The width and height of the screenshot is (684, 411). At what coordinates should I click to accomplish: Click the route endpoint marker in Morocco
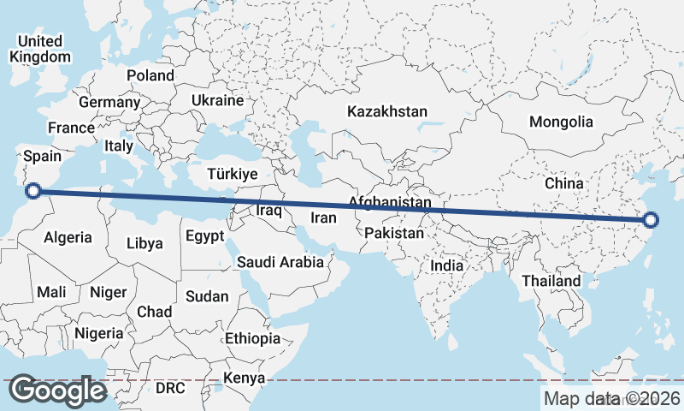33,191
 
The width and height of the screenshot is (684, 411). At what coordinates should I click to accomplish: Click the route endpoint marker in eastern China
650,220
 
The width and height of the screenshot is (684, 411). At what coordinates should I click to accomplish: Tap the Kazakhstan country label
386,111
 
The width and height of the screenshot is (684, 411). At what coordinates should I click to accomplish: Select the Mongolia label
561,122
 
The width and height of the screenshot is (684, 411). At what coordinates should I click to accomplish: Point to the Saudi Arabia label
280,262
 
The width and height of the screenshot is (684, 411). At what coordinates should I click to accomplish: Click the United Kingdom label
40,49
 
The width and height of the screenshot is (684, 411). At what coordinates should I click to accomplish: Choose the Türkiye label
232,174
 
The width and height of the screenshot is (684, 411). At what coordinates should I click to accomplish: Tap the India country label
446,265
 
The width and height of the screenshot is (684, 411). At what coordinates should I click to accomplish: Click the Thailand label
551,281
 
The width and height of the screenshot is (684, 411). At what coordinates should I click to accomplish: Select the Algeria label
68,236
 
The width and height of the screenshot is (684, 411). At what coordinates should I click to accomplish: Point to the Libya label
144,243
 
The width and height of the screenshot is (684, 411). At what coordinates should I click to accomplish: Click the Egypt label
204,235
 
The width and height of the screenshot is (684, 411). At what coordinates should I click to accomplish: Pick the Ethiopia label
252,338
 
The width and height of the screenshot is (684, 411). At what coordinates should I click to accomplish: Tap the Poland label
150,75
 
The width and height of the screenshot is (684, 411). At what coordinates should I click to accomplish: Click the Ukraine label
217,100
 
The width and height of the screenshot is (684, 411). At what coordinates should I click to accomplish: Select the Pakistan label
393,233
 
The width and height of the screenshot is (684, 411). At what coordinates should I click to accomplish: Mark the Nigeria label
99,332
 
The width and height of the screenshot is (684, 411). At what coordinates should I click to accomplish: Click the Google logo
58,390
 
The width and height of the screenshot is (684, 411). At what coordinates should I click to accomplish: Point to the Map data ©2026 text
612,398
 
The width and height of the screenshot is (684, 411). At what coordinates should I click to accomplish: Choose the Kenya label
244,378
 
